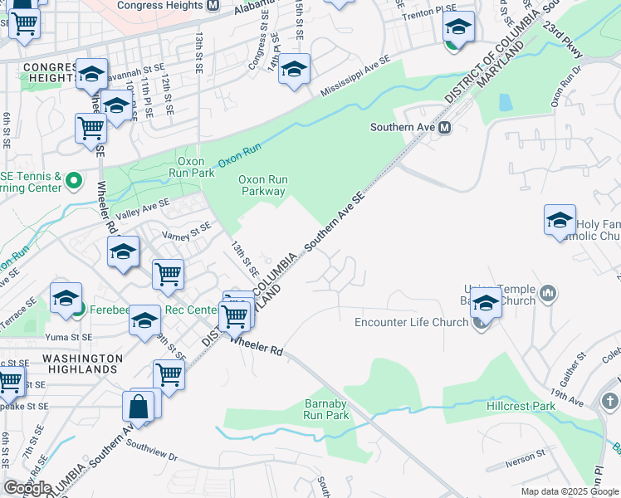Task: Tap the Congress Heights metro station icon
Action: (213, 5)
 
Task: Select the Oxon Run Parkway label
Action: (262, 185)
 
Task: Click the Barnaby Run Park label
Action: (326, 408)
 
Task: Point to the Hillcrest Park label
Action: (521, 406)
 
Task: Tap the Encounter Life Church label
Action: (412, 323)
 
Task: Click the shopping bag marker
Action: (139, 408)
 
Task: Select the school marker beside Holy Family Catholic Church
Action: (560, 222)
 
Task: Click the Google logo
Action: (27, 488)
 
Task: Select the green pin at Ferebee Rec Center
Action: (78, 310)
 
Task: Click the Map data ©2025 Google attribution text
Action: (569, 491)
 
